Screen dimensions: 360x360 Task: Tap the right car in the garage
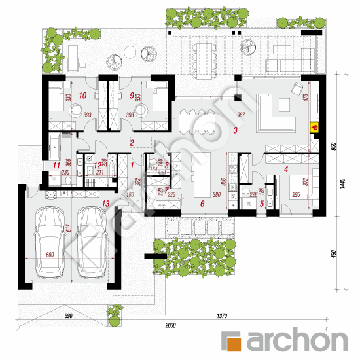point(92,242)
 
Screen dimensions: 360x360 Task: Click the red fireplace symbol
point(314,128)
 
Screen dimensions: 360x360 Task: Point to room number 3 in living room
point(235,130)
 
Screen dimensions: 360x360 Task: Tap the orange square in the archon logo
point(232,340)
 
